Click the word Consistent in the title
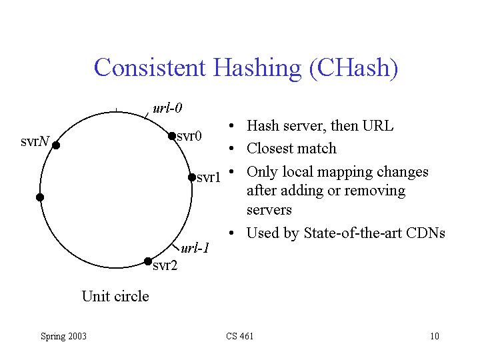[150, 67]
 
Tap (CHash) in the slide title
[353, 69]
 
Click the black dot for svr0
[172, 136]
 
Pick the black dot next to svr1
[192, 177]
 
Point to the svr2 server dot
[148, 261]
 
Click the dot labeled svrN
[56, 145]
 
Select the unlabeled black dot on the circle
[40, 197]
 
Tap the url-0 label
[167, 108]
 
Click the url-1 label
[195, 248]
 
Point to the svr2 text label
[165, 265]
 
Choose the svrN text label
[35, 141]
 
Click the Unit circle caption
[115, 296]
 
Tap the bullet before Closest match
[231, 149]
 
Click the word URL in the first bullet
[377, 126]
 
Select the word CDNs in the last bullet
[425, 233]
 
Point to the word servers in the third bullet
[269, 210]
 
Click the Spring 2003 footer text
[64, 336]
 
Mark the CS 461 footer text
[240, 336]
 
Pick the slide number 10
[435, 336]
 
